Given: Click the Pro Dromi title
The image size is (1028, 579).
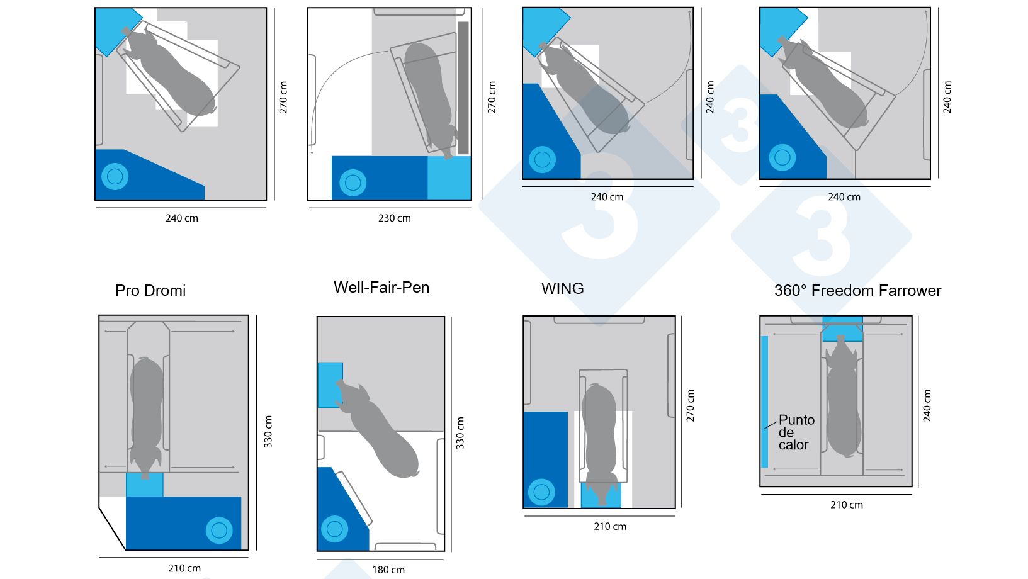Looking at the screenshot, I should click(x=150, y=291).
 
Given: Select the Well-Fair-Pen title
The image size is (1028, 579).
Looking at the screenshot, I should click(x=381, y=288).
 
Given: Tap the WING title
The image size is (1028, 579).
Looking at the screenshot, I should click(x=562, y=289).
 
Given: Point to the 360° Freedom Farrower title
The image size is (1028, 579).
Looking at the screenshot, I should click(x=857, y=291).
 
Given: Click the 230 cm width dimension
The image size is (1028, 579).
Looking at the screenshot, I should click(x=394, y=218).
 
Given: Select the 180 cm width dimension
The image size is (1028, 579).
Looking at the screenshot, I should click(x=388, y=570).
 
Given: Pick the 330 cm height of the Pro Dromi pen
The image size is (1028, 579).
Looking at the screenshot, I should click(x=268, y=432).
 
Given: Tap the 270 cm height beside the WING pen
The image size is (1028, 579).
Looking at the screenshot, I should click(x=691, y=406).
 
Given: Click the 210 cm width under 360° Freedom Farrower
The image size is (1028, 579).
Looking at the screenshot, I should click(x=846, y=505).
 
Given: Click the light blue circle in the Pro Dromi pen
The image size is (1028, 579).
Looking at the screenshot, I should click(x=219, y=531).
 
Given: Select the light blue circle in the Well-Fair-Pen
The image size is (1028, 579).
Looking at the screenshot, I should click(x=334, y=529).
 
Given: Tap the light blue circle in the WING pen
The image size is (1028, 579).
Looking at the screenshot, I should click(x=541, y=492).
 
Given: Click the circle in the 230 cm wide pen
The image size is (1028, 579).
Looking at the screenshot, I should click(x=353, y=183).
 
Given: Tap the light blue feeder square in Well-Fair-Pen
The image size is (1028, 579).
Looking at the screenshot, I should click(x=330, y=385).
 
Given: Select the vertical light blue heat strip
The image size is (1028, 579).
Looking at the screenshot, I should click(x=764, y=402).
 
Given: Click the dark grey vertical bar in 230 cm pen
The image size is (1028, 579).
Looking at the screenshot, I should click(x=463, y=88).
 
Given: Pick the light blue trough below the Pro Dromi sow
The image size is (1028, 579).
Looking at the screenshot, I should click(x=144, y=485).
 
